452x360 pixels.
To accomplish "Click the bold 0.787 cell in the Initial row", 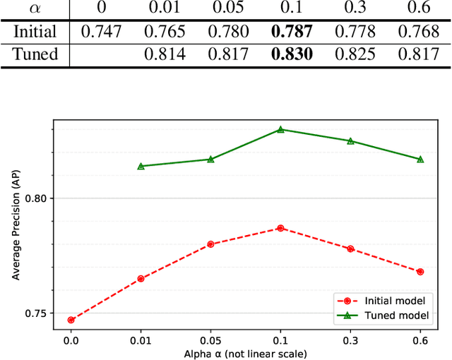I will (x=291, y=32).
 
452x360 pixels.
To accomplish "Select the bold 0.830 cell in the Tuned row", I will (x=291, y=54).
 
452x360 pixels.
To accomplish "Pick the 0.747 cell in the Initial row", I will (x=101, y=32).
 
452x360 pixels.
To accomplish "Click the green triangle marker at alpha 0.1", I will (x=280, y=130).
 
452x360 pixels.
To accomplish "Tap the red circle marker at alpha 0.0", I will (x=71, y=320).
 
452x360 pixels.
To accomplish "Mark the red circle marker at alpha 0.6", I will (x=420, y=272).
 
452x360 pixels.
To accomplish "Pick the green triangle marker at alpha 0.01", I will (x=141, y=167).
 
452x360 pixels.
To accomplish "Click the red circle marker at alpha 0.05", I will (x=210, y=244).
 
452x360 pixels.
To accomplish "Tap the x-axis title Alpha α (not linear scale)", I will (x=245, y=354).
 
